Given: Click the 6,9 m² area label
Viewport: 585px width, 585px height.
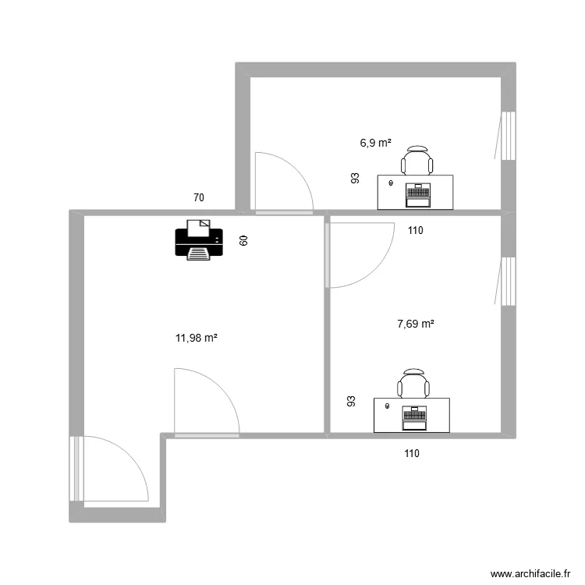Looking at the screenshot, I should coord(374,143).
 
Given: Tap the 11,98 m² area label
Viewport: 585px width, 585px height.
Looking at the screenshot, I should coord(196,338).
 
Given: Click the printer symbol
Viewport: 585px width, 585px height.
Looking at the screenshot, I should coord(199,239).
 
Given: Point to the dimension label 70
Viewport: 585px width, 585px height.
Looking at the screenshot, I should coord(200,198).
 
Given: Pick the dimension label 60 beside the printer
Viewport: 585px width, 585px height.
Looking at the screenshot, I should coord(243,241).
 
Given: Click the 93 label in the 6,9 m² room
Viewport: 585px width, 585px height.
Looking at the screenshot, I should coord(356,179).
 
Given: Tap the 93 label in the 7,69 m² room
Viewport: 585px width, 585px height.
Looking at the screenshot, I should coord(352,402).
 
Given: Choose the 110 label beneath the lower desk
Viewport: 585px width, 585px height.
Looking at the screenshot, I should coord(411,453).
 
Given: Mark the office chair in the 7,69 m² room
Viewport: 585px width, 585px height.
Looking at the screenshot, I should coord(413,383).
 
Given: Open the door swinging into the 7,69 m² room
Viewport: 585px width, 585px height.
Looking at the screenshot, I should coord(360,253).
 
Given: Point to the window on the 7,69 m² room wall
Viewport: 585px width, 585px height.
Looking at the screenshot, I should coord(508,281).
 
